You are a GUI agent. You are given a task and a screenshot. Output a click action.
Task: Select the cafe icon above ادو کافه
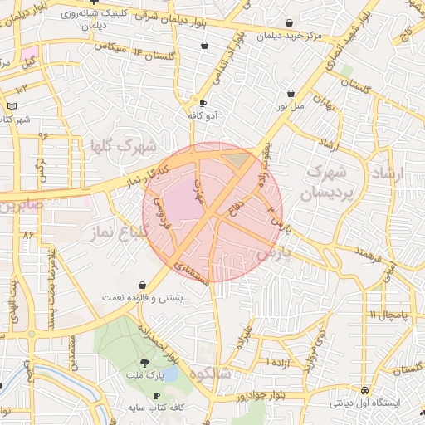point(203,103)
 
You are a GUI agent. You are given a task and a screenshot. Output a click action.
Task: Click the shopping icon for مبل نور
point(290,94)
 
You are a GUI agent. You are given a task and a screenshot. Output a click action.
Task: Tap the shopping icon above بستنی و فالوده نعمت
point(143,285)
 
